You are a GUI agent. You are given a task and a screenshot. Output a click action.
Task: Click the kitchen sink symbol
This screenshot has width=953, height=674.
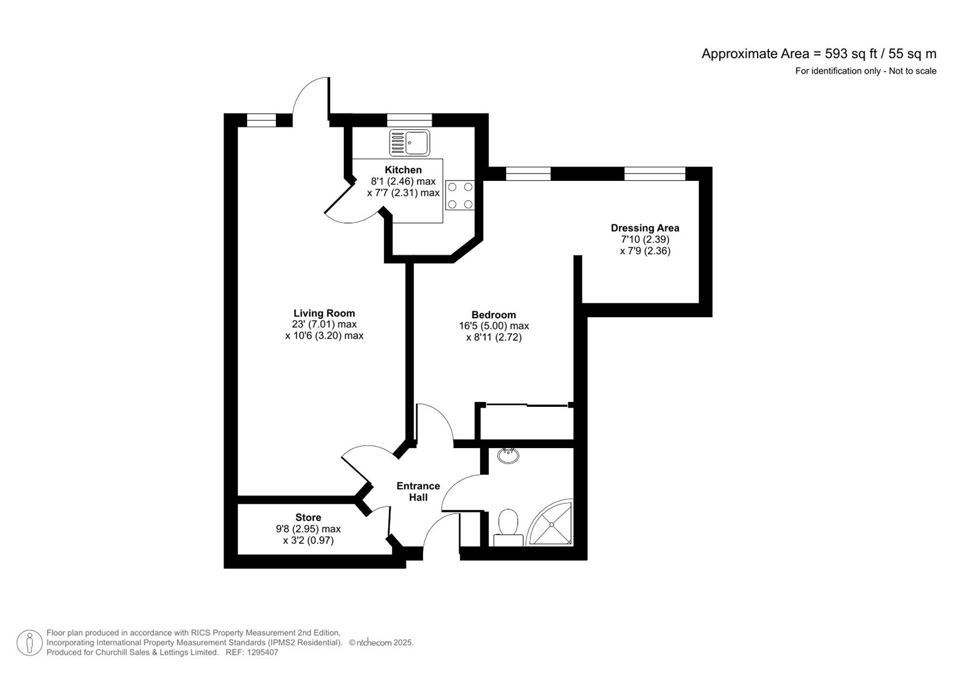pos(409,143)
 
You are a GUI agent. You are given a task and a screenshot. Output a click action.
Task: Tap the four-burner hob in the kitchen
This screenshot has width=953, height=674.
pos(459,195)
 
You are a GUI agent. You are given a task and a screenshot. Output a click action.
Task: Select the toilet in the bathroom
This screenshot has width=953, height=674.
pos(508,526)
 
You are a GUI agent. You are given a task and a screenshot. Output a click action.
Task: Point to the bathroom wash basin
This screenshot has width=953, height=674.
pos(509,455)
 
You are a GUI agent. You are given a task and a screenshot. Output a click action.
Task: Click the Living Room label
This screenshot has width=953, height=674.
pos(324,313)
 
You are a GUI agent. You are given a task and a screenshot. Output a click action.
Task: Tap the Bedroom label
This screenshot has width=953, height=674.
pos(494,315)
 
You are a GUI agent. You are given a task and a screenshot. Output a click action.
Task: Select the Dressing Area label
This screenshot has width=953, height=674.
pos(645,228)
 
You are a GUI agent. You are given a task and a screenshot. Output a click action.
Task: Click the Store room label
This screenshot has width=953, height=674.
pos(308,517)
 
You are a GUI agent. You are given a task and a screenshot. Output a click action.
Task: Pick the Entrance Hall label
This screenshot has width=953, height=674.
pos(418,491)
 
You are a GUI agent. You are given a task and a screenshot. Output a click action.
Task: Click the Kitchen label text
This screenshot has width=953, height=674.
pos(403,170)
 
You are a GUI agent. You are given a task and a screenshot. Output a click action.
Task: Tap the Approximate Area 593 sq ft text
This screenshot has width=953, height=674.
pos(818,54)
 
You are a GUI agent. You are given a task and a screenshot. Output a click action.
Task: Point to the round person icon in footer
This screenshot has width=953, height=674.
pos(29,643)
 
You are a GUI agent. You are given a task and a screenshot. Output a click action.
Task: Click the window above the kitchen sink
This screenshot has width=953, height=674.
pos(409,120)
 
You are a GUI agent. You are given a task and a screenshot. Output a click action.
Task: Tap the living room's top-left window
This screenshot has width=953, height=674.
pos(261,120)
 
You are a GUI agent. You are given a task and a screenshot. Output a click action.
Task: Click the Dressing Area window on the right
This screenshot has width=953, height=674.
pos(654,173)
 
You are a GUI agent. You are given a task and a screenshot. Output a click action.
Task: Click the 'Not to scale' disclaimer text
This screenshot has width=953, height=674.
pos(865,71)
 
